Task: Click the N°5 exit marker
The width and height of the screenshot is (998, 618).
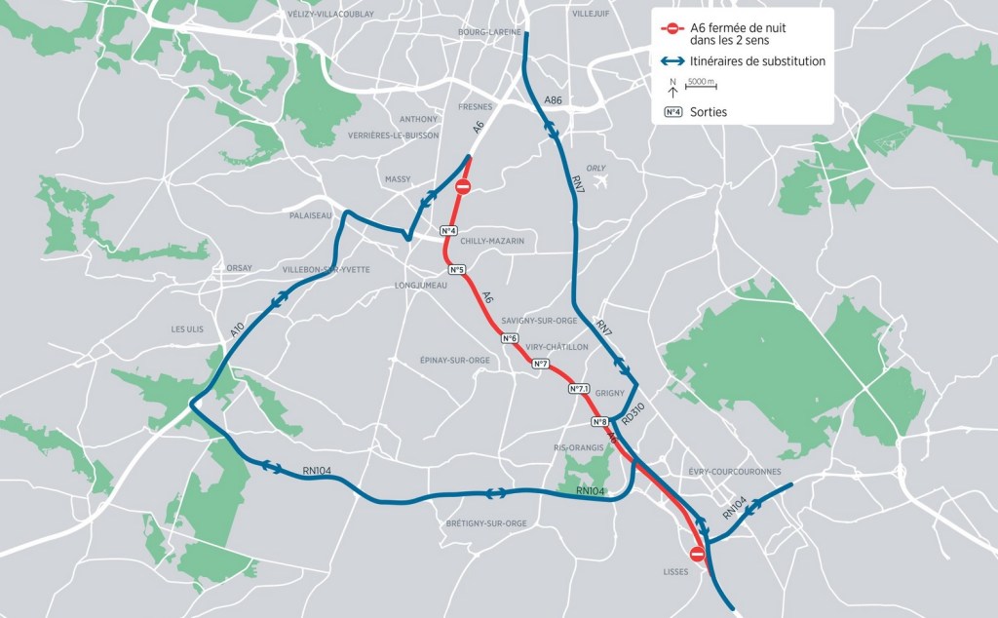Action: coord(456,269)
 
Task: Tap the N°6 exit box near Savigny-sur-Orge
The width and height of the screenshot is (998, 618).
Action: coord(510,338)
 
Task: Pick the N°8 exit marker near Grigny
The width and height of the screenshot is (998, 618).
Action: coord(600,422)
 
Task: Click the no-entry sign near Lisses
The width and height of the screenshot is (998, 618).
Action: coord(697,554)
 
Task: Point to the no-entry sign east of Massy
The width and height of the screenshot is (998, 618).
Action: coord(464,185)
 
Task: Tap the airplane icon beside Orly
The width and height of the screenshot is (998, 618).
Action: coord(600,181)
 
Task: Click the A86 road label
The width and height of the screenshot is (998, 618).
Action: coord(553,100)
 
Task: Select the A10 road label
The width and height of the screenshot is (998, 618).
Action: coord(238,328)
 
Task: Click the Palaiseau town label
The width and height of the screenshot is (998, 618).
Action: coord(311,215)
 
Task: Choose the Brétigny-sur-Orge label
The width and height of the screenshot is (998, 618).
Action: coord(485,523)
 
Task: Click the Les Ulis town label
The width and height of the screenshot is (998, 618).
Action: coord(187,329)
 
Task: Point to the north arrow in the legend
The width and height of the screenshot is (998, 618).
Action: coord(672,87)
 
